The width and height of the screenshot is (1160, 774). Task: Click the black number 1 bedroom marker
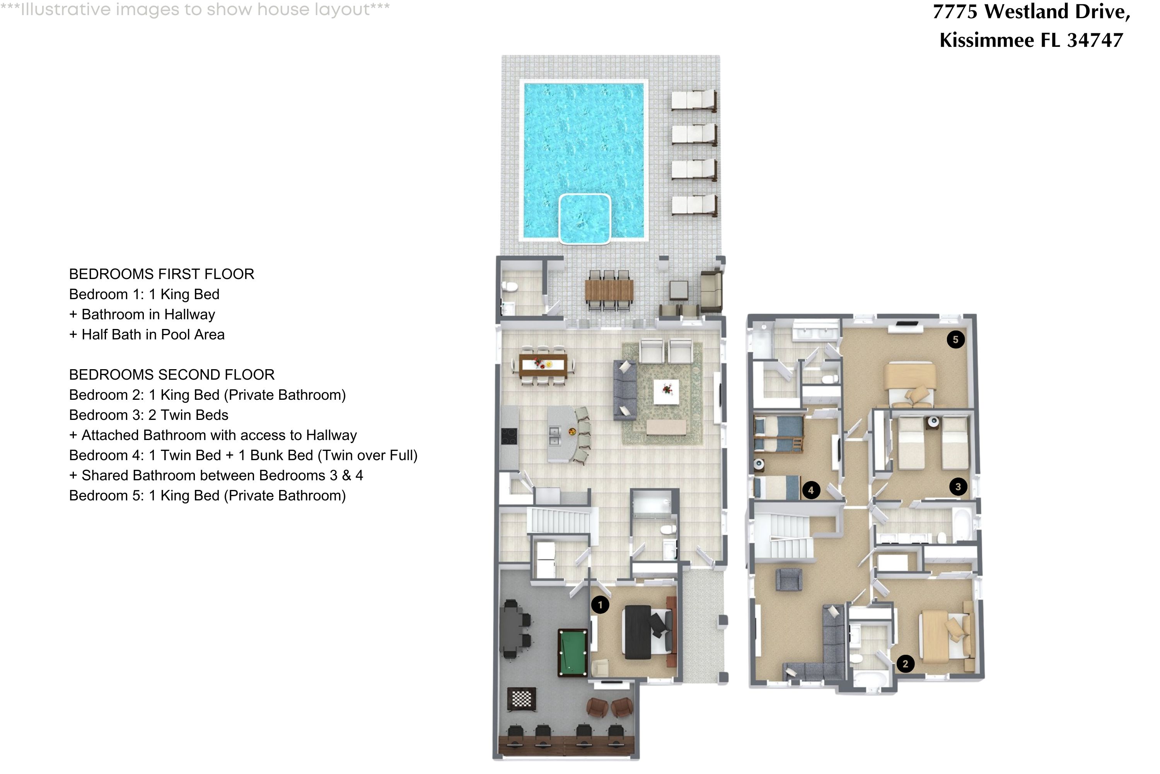point(600,604)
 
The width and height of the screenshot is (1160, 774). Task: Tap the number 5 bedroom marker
point(955,340)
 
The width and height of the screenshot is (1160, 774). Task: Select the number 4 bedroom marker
point(811,490)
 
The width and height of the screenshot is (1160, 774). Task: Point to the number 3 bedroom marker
point(958,487)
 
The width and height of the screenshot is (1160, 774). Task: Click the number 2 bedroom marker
point(905,664)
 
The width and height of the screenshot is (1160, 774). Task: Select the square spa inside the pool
point(585,218)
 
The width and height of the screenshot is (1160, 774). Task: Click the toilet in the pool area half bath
point(509,287)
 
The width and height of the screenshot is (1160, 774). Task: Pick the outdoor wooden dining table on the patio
point(609,290)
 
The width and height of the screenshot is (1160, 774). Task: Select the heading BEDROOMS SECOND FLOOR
point(172,375)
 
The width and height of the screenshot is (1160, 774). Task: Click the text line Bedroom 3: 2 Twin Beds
point(148,415)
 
